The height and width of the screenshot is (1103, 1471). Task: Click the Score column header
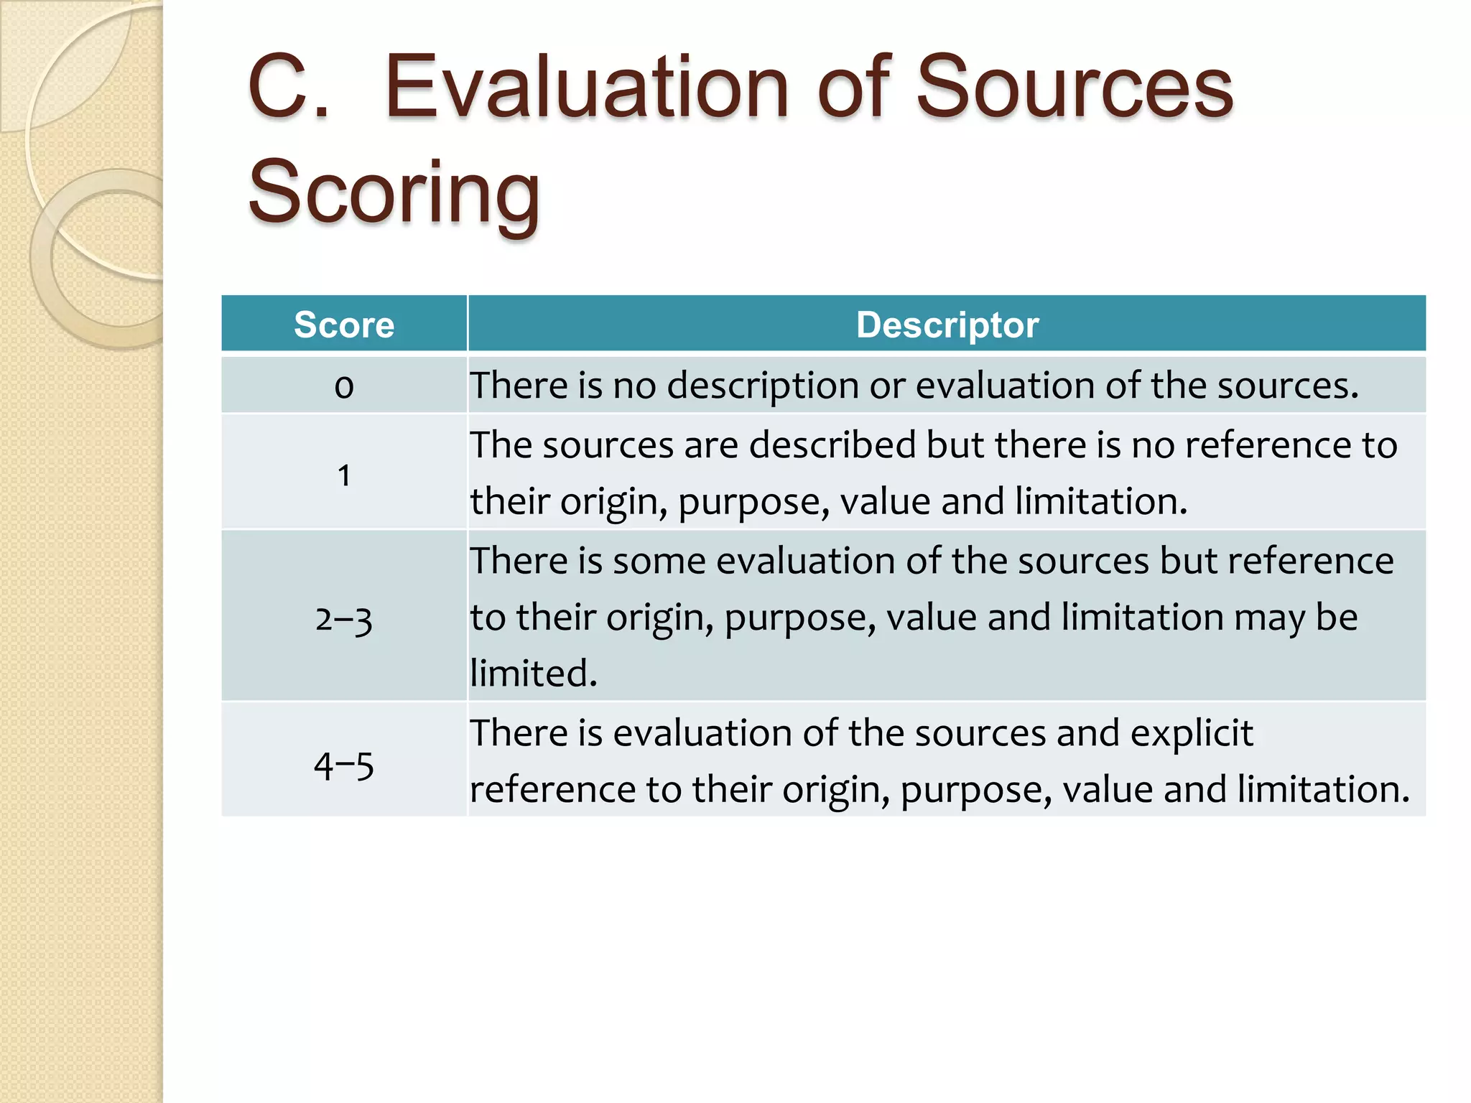tap(344, 325)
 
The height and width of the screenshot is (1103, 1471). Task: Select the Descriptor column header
tap(947, 325)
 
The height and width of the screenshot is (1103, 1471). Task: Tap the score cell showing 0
tap(344, 386)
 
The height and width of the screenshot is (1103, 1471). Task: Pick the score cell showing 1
tap(344, 475)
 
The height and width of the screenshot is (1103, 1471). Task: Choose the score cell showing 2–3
tap(344, 618)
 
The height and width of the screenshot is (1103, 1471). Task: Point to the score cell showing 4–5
tap(344, 765)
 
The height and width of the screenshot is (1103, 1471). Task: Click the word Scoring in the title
tap(394, 192)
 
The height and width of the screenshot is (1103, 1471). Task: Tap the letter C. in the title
tap(288, 88)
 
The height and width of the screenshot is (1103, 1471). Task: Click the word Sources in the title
tap(1074, 88)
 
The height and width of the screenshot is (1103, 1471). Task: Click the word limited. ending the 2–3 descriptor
tap(534, 674)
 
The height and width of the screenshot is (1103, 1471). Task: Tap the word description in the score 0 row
tap(762, 386)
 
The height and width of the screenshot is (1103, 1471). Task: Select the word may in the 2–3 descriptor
tap(1268, 618)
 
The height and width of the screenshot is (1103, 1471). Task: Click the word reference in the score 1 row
tap(1267, 445)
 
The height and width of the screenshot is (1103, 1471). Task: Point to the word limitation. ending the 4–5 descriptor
tap(1323, 789)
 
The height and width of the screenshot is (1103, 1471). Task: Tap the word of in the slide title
tap(854, 88)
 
